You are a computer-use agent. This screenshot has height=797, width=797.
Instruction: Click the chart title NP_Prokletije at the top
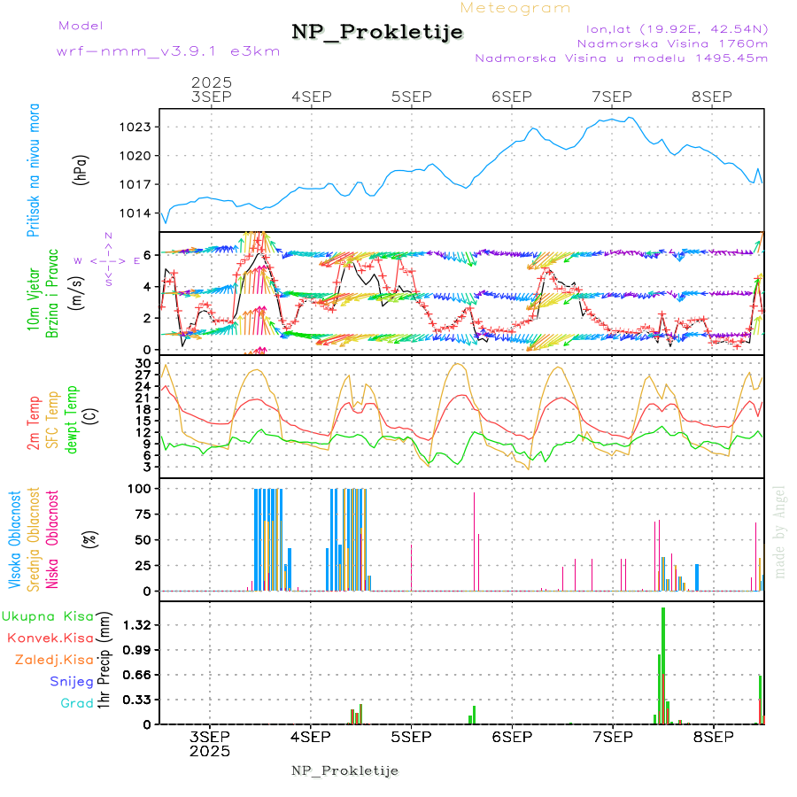pos(377,32)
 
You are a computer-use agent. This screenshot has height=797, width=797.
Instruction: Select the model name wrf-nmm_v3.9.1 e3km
pos(168,51)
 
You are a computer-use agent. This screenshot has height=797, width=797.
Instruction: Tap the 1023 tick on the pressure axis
pos(136,127)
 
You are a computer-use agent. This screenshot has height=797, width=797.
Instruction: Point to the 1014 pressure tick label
pos(136,213)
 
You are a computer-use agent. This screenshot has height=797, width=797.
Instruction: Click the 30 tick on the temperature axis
pos(142,363)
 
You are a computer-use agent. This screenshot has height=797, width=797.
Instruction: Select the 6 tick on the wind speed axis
pos(146,255)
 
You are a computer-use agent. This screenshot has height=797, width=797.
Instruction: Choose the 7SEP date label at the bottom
pos(611,737)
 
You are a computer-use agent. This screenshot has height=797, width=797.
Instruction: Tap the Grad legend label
pos(76,704)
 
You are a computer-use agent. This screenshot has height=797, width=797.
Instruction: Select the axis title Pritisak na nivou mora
pos(35,170)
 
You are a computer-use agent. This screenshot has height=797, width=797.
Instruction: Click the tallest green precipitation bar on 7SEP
pos(662,664)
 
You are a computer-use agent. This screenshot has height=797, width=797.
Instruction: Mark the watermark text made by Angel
pos(780,531)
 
